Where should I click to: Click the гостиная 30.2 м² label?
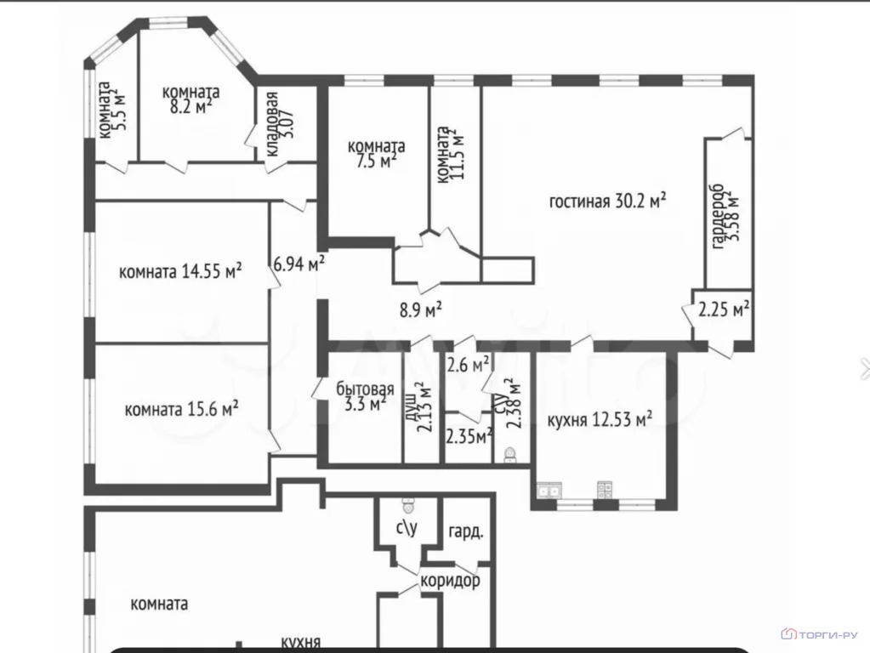click(607, 201)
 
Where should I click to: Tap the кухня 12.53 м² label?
click(600, 419)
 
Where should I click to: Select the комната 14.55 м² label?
click(180, 271)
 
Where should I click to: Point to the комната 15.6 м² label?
click(181, 410)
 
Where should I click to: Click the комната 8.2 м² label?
click(190, 99)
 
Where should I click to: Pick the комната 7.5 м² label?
click(376, 154)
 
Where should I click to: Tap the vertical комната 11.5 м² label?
click(449, 155)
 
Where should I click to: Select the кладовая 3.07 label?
click(280, 124)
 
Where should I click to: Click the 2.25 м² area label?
click(724, 309)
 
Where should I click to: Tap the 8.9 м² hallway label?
click(421, 309)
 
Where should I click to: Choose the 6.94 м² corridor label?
click(299, 263)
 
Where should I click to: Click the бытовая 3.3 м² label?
click(365, 396)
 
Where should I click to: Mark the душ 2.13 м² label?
click(418, 406)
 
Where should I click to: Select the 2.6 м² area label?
click(468, 365)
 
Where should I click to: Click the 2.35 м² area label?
click(469, 437)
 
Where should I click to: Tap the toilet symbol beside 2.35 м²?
click(510, 455)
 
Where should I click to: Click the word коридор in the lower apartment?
click(450, 581)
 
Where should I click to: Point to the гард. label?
click(465, 531)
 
